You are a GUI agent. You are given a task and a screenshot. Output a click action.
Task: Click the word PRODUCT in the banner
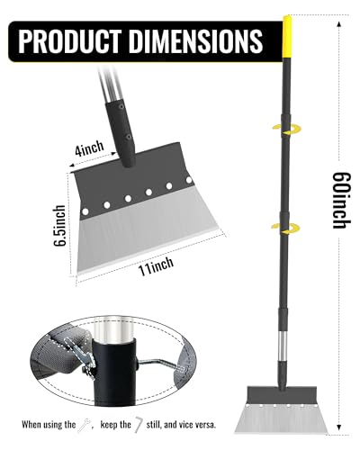(x=70, y=41)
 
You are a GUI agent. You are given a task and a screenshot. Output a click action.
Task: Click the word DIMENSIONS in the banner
(x=196, y=41)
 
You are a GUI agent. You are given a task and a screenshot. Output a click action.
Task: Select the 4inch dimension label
(x=89, y=148)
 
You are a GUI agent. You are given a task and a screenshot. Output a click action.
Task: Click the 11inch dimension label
(x=156, y=265)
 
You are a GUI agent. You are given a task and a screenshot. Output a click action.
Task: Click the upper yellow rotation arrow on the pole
(x=286, y=130)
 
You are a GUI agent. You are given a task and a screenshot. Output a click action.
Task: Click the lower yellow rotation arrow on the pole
(x=285, y=229)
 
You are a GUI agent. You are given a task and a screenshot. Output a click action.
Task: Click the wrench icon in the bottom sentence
(x=85, y=426)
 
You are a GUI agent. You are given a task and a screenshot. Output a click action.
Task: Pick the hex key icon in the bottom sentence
(x=139, y=425)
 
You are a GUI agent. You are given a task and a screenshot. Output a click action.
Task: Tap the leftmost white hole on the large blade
(x=85, y=211)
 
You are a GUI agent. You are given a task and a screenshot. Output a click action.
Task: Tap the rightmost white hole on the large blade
(x=189, y=180)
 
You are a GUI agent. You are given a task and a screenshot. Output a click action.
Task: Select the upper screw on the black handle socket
(x=121, y=106)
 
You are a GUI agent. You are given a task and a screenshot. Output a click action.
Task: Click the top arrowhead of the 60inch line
(x=339, y=24)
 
